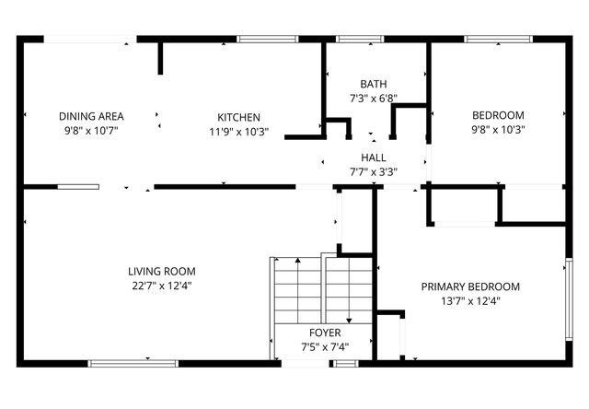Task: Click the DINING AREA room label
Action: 91,116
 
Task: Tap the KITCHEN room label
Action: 238,117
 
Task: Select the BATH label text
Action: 373,83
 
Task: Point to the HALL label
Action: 373,158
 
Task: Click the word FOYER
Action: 324,333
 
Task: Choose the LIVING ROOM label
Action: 161,271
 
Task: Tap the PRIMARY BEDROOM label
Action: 470,286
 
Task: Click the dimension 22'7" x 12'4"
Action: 161,286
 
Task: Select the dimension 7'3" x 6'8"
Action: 373,98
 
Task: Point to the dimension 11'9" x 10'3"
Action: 238,131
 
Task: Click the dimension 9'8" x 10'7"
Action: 91,131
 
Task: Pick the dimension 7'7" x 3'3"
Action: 373,171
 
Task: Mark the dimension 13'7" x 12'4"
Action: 470,300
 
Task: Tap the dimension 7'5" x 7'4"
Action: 324,347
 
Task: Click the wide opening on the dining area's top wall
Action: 89,39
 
